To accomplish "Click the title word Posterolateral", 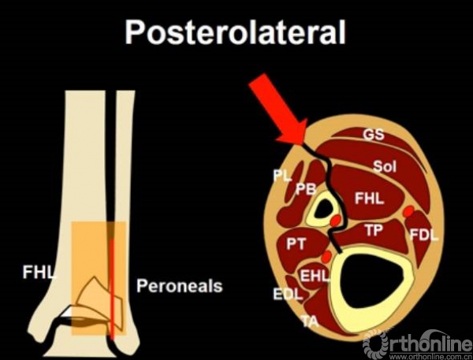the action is pos(235,32).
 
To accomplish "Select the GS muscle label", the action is pos(374,135).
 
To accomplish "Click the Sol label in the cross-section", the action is pos(385,166).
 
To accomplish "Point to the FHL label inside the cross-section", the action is pos(369,199).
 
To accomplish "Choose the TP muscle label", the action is pos(374,230).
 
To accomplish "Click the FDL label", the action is pos(423,235).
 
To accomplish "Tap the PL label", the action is pos(282,176).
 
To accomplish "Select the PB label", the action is pos(306,189).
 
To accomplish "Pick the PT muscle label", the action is pos(296,243).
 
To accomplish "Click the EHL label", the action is pos(315,276).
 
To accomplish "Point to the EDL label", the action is pos(288,294).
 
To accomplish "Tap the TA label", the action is pos(311,321).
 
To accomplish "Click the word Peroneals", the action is pos(180,285).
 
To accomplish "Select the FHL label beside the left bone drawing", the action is pos(39,273).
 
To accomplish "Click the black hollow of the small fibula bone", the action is pos(323,210).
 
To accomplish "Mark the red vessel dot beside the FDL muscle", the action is pos(408,211).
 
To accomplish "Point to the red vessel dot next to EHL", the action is pos(326,257).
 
